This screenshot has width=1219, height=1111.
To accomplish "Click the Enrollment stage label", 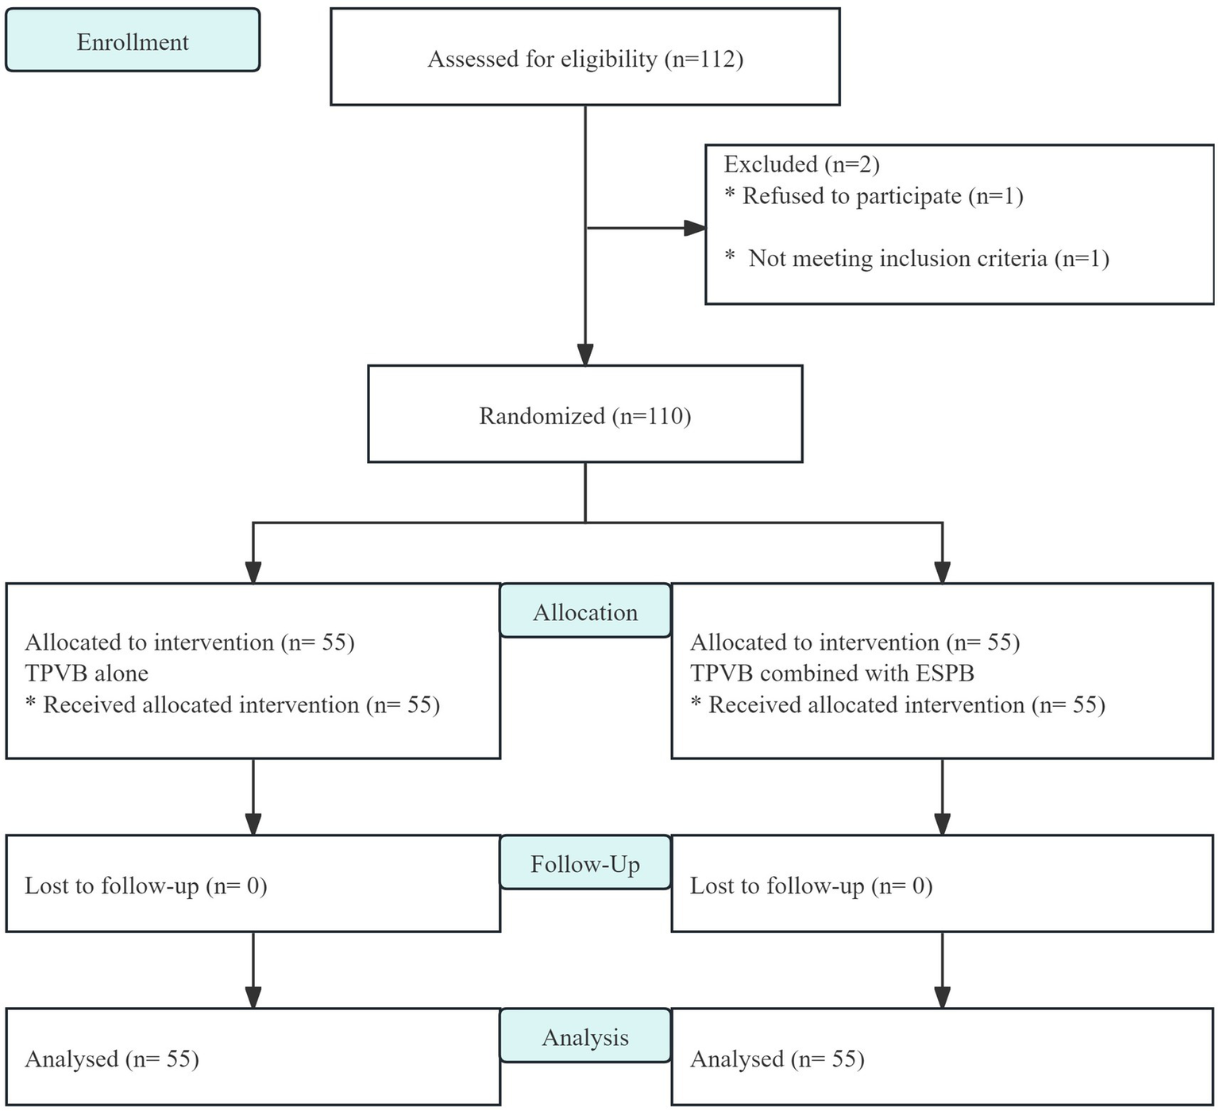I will pyautogui.click(x=133, y=41).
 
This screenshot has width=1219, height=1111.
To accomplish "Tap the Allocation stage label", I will pyautogui.click(x=585, y=612).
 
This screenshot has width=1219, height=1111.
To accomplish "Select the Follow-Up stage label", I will pyautogui.click(x=585, y=864).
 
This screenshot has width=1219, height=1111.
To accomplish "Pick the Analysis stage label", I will pyautogui.click(x=585, y=1037).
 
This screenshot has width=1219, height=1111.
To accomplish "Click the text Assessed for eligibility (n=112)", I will pyautogui.click(x=585, y=59).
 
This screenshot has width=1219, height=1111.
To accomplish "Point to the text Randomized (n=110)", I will pyautogui.click(x=585, y=416).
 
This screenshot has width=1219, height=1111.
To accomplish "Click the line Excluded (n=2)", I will pyautogui.click(x=801, y=164).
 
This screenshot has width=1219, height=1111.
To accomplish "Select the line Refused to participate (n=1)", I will pyautogui.click(x=874, y=196).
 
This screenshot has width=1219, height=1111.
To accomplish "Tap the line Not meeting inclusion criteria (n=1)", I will pyautogui.click(x=917, y=258).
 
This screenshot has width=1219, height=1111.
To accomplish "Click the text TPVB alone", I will pyautogui.click(x=87, y=673).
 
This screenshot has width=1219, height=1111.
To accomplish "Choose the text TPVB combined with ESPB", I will pyautogui.click(x=831, y=673).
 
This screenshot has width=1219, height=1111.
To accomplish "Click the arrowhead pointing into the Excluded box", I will pyautogui.click(x=695, y=229).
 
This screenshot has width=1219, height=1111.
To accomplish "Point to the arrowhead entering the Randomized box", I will pyautogui.click(x=585, y=355).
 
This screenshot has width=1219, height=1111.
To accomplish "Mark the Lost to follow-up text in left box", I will pyautogui.click(x=145, y=885).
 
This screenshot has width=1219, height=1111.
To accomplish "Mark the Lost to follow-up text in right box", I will pyautogui.click(x=811, y=885).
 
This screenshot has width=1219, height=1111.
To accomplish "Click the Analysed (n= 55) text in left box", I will pyautogui.click(x=112, y=1059).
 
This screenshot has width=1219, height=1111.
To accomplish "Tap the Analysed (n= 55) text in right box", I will pyautogui.click(x=777, y=1059).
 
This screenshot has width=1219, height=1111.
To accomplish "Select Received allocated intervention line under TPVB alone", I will pyautogui.click(x=233, y=705).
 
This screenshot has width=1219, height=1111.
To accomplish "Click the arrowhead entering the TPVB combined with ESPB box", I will pyautogui.click(x=942, y=573).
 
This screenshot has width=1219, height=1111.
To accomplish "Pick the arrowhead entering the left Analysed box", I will pyautogui.click(x=253, y=997).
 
